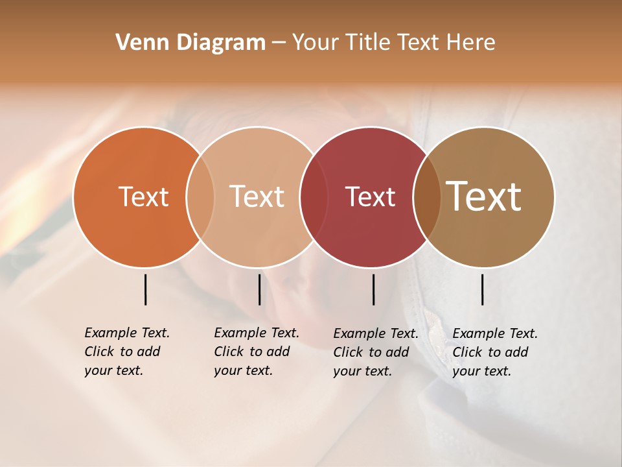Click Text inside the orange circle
pyautogui.click(x=143, y=197)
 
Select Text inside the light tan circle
pyautogui.click(x=257, y=197)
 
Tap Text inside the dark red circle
pyautogui.click(x=370, y=197)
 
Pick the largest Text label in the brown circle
pyautogui.click(x=484, y=197)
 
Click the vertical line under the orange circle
pyautogui.click(x=145, y=289)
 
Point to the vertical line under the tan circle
pyautogui.click(x=259, y=289)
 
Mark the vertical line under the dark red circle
pyautogui.click(x=373, y=289)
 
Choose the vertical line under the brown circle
pyautogui.click(x=483, y=289)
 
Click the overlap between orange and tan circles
pyautogui.click(x=200, y=197)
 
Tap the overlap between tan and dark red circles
pyautogui.click(x=312, y=197)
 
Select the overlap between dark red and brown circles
pyautogui.click(x=426, y=197)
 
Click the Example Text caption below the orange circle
pyautogui.click(x=126, y=352)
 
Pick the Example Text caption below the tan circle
pyautogui.click(x=256, y=352)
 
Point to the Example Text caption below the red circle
pyautogui.click(x=375, y=352)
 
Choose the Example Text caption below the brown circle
pyautogui.click(x=494, y=352)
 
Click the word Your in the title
pyautogui.click(x=316, y=43)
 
